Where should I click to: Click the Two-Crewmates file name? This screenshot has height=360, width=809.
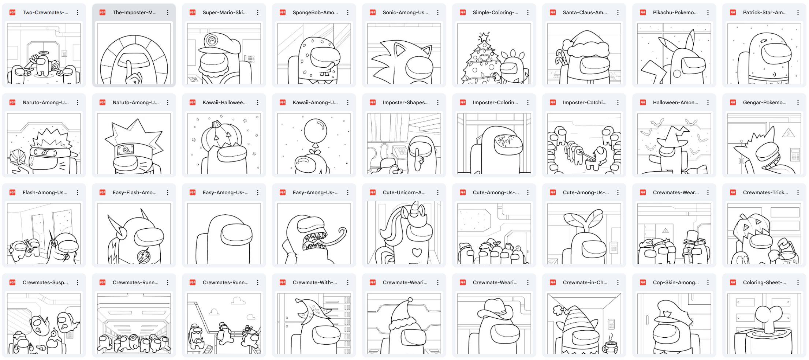tap(45, 12)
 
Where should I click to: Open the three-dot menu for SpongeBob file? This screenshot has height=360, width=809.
tap(348, 12)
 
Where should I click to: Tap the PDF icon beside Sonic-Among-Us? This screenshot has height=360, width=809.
tap(373, 12)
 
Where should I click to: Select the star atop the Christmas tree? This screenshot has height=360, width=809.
tap(484, 37)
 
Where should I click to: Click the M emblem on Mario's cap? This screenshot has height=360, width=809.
tap(212, 41)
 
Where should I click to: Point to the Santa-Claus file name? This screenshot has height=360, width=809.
tap(585, 12)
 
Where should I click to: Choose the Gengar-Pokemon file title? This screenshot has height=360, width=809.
tap(764, 102)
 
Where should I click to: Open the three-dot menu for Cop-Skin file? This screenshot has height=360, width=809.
tap(708, 282)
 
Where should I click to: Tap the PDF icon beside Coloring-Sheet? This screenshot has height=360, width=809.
tap(733, 282)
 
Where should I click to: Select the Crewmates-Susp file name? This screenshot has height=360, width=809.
tap(45, 282)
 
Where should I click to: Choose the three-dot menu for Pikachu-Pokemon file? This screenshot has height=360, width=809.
tap(708, 12)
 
